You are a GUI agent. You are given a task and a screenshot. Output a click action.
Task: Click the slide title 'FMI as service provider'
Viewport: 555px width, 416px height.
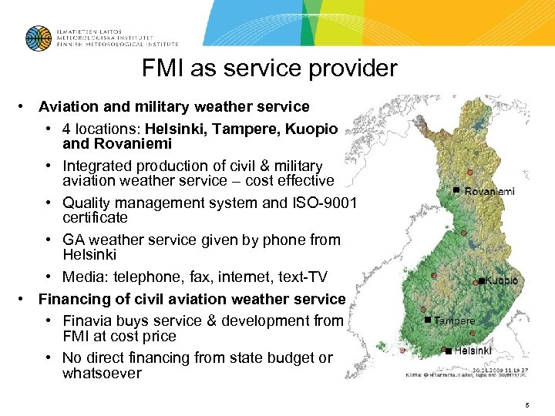269,69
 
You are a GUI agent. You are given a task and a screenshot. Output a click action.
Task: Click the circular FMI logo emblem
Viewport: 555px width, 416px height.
38,38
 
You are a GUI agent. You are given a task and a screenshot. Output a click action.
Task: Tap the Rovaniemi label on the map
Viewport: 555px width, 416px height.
489,191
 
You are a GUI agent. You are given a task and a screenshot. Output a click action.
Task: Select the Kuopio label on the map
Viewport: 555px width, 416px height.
502,281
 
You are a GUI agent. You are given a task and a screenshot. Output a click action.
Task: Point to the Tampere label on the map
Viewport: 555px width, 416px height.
455,320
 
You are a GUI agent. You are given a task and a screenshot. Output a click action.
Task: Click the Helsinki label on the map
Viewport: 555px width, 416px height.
473,351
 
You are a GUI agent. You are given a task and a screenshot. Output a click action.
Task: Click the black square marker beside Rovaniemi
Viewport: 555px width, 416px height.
456,190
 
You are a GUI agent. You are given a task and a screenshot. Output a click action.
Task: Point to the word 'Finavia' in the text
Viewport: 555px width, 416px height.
91,320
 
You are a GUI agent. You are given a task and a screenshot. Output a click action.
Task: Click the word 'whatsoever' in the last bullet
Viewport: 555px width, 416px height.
103,374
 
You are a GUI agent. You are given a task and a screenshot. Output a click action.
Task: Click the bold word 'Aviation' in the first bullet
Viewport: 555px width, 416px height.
67,107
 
